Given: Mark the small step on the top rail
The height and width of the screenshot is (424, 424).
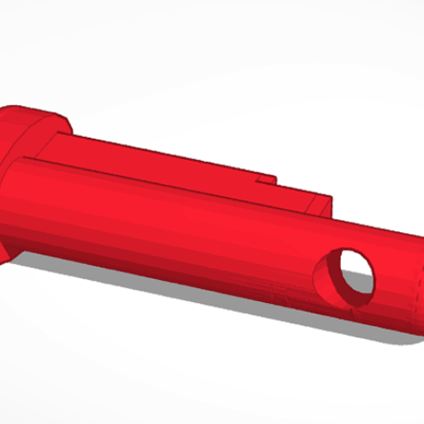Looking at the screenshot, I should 265,178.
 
